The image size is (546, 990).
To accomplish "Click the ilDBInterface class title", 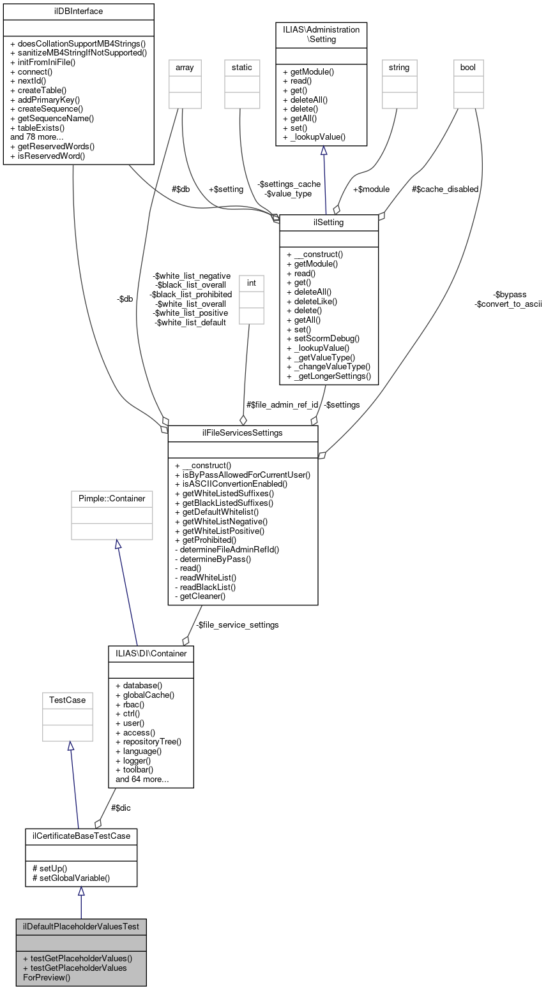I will point(79,11).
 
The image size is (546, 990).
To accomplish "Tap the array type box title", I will point(184,67).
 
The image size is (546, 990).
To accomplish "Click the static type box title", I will point(242,67).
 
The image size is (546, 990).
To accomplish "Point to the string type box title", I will point(398,67).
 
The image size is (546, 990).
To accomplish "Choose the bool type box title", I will point(468,67).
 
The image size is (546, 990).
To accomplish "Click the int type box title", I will point(250,282).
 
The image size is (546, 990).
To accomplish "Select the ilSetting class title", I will point(329,222).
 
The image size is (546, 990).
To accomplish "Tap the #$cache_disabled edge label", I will point(444,189).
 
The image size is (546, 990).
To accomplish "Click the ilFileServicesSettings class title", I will point(243,433).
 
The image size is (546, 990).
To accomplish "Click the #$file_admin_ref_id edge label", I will point(282,404).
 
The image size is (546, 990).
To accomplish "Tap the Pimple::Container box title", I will point(112,498).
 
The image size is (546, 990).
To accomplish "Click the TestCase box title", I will point(67,700).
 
